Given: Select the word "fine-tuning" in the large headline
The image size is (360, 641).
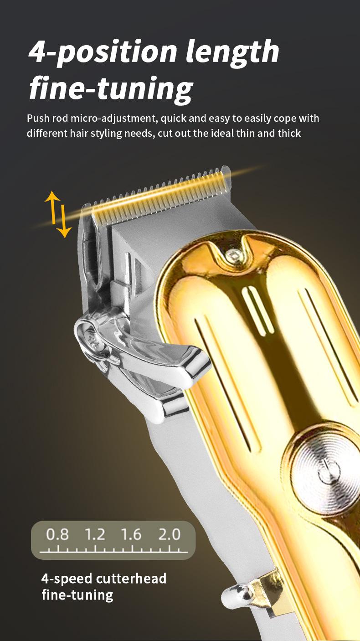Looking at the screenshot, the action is pyautogui.click(x=111, y=89).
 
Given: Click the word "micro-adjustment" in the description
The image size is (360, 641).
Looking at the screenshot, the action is pyautogui.click(x=114, y=119).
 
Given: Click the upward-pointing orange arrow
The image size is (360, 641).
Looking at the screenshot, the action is pyautogui.click(x=52, y=207).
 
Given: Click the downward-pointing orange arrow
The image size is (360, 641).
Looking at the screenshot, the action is pyautogui.click(x=64, y=221).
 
